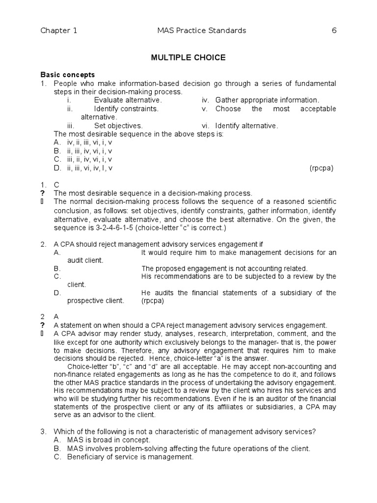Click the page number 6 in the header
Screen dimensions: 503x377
click(334, 31)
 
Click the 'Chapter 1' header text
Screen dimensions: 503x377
click(58, 31)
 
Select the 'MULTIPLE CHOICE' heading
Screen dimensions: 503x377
click(188, 58)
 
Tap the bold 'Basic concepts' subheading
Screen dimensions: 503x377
click(67, 75)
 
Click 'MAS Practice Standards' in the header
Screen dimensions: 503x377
click(200, 31)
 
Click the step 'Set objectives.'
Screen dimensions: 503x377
click(118, 125)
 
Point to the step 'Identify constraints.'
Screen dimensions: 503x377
click(126, 109)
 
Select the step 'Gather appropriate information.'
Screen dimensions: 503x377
click(267, 100)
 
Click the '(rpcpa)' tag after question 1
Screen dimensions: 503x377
click(321, 168)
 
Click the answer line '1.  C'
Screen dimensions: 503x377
click(50, 185)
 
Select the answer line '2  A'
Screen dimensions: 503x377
click(50, 317)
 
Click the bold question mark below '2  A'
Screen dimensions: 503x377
click(43, 325)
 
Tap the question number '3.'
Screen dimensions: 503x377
click(43, 432)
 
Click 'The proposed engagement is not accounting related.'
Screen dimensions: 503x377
click(224, 269)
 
